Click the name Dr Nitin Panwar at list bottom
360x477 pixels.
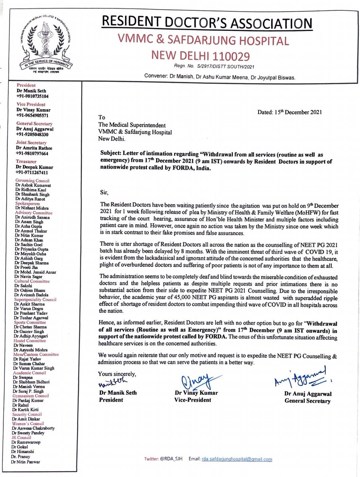click(28, 462)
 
